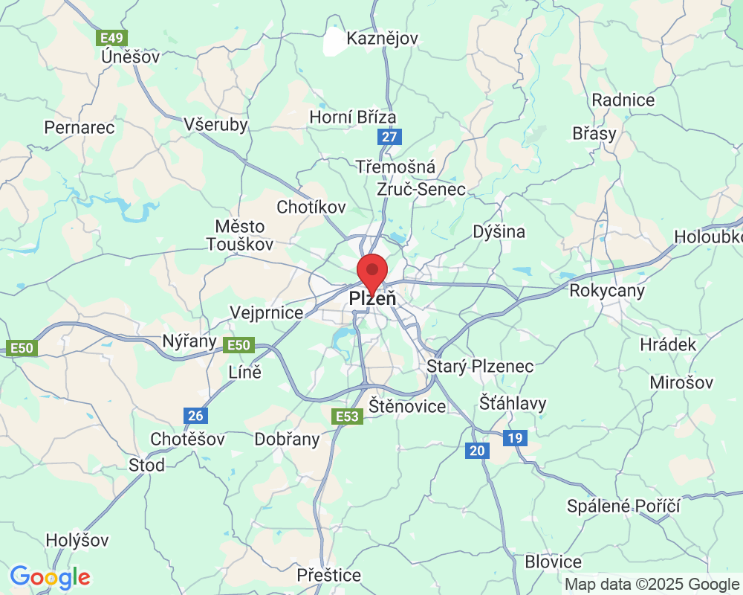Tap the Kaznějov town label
[383, 38]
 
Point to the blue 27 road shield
[389, 137]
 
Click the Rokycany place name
[607, 290]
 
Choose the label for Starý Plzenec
[480, 366]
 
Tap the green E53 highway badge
[347, 416]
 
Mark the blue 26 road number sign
[196, 416]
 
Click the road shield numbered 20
[478, 450]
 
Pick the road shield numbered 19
[515, 438]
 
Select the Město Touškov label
[240, 234]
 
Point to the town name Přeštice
[328, 575]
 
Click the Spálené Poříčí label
[623, 506]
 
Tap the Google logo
[51, 577]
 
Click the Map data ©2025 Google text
[651, 585]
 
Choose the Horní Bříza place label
[353, 117]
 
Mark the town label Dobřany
[287, 439]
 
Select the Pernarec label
[80, 127]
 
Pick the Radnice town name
[623, 100]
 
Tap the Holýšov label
[77, 540]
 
